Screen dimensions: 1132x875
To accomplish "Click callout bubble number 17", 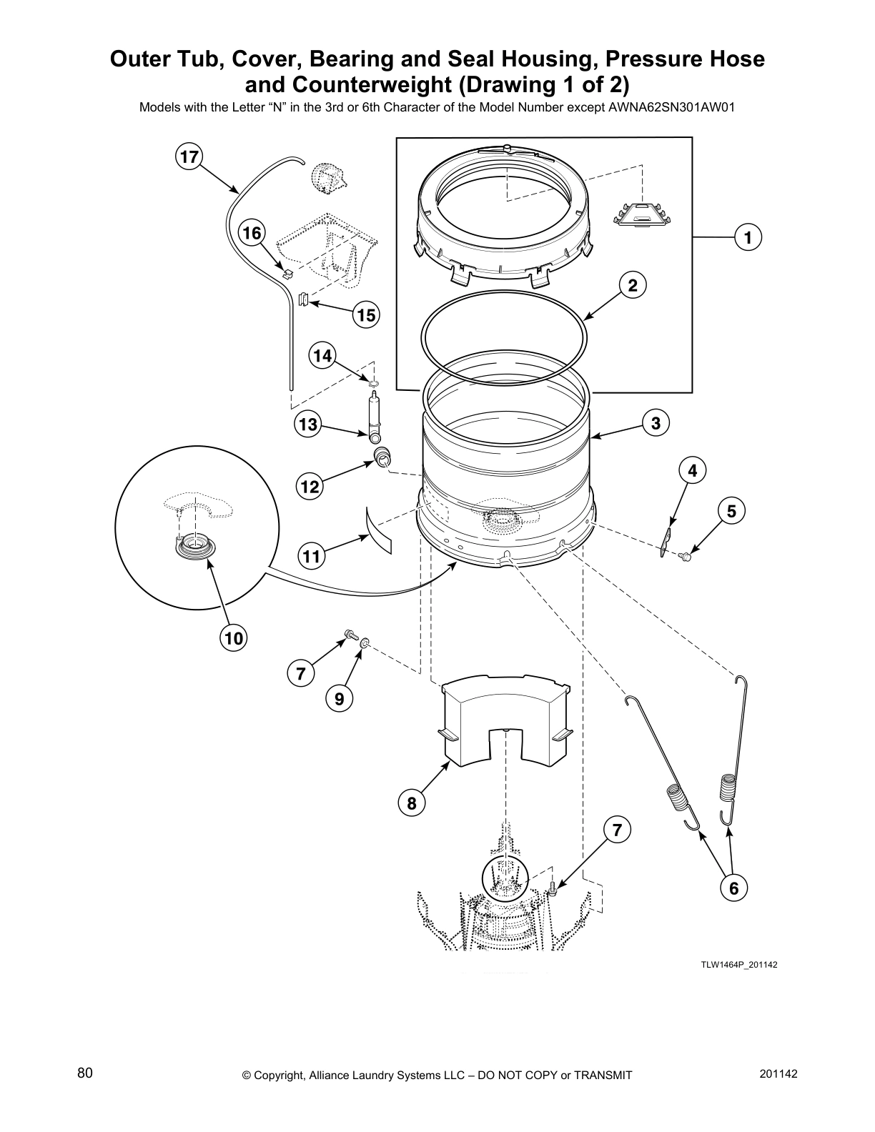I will coord(189,157).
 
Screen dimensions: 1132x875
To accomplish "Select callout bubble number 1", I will coord(748,237).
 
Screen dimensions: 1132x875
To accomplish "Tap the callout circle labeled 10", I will coord(234,637).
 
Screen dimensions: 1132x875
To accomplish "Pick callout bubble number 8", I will coord(411,803).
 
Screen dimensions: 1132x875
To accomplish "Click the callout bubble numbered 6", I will coord(733,888).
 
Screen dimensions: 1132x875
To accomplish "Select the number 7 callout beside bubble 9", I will coord(301,673).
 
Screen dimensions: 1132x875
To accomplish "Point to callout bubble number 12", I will coord(310,487).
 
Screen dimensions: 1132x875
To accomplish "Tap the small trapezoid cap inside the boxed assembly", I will coord(641,215).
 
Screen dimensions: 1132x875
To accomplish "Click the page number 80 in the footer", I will coord(85,1073).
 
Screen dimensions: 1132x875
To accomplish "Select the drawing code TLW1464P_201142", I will coord(738,965).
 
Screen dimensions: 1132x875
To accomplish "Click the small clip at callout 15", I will coord(302,299).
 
